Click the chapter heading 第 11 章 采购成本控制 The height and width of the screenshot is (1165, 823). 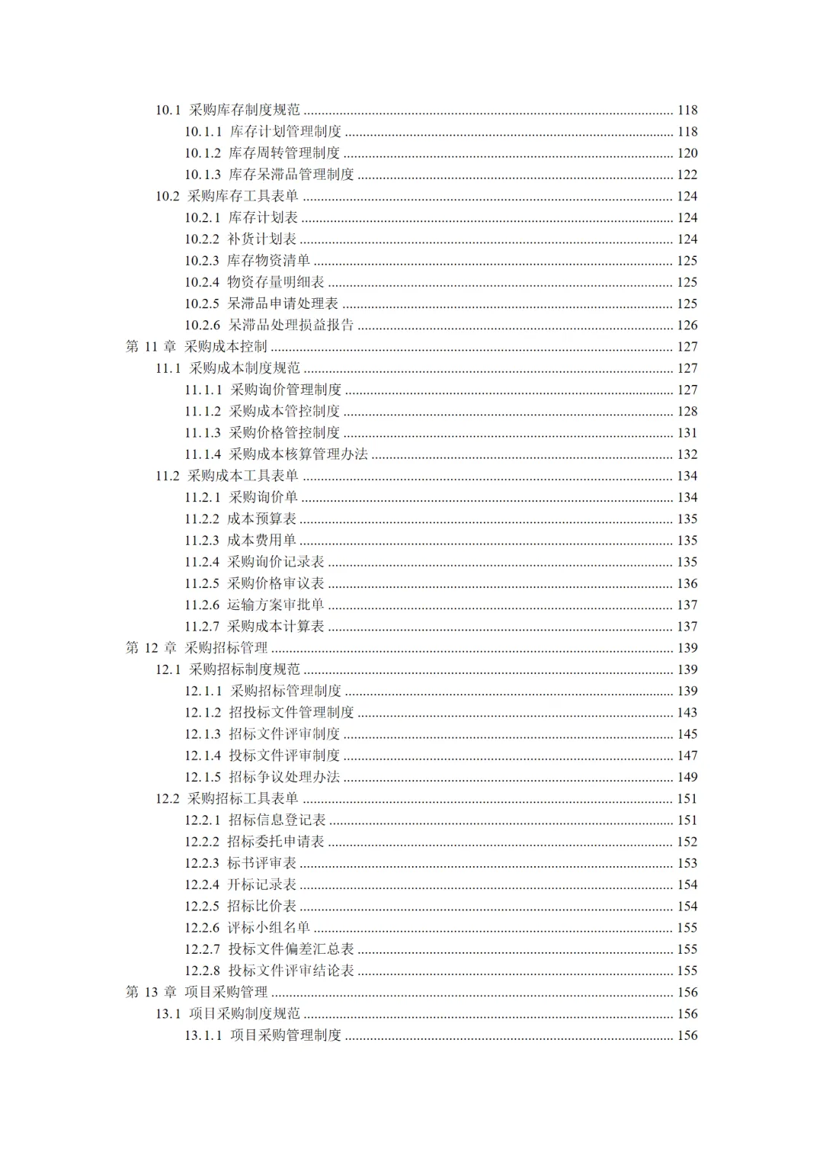(197, 347)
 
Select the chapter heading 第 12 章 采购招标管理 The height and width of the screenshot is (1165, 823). (197, 648)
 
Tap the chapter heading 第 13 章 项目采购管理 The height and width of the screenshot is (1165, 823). (197, 993)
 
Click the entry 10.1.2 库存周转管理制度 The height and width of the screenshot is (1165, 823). (262, 153)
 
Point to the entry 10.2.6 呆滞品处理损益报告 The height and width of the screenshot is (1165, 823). (269, 326)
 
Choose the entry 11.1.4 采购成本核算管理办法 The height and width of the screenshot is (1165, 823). (276, 454)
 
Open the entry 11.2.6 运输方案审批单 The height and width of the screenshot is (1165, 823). (255, 605)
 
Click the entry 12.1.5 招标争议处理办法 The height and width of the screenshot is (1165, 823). (262, 778)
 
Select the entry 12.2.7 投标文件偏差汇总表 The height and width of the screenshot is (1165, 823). (269, 950)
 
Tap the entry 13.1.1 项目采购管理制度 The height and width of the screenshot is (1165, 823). (263, 1036)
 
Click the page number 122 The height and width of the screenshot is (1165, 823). (687, 175)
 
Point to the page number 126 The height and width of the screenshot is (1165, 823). (687, 326)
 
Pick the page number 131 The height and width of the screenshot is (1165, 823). (687, 433)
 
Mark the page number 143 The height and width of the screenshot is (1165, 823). (687, 713)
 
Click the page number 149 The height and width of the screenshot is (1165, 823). (687, 778)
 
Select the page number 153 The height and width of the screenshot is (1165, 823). (687, 864)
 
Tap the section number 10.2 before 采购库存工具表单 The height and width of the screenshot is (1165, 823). (168, 197)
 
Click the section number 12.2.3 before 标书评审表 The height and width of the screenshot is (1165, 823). (202, 864)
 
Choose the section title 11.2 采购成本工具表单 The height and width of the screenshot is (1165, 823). (227, 477)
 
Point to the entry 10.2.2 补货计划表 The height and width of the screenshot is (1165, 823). (240, 239)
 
